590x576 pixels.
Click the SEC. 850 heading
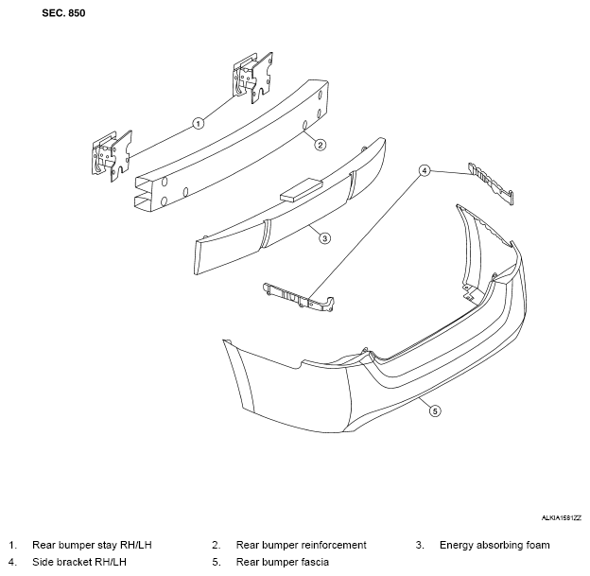pos(63,13)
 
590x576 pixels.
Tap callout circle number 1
pos(199,123)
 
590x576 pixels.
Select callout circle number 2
pos(320,145)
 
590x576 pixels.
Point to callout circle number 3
pos(324,238)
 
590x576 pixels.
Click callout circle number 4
pos(424,171)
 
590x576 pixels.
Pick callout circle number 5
pos(435,410)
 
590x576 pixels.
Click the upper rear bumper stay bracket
pos(252,78)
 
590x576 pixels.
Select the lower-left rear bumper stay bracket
pos(112,156)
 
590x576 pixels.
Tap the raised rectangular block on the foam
pos(302,189)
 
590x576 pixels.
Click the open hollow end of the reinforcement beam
pos(144,193)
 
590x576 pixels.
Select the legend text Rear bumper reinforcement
pos(301,545)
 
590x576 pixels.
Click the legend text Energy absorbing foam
pos(495,545)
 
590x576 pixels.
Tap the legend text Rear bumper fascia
pos(282,562)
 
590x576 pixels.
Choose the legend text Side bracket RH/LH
pos(79,562)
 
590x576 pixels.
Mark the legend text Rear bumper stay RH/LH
pos(92,545)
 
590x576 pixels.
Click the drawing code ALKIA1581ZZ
pos(562,518)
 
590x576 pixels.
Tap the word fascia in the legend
pos(314,562)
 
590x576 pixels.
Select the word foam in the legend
pos(536,545)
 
